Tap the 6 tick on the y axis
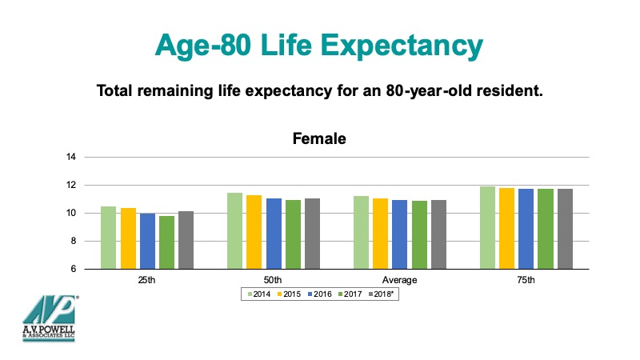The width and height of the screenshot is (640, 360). coord(73,270)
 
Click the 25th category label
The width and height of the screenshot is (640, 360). coord(146,280)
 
